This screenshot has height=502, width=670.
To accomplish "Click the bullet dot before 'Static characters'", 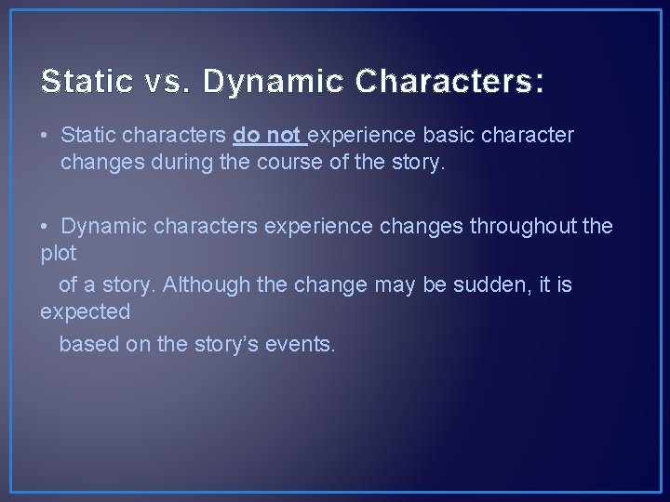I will (x=46, y=137).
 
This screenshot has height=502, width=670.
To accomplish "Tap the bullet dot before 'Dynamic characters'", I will (x=46, y=226).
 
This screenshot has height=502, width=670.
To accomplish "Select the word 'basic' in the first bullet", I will (x=447, y=136).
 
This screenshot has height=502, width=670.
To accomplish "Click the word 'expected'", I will (x=85, y=313).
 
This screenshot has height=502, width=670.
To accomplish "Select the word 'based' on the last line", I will (x=85, y=344).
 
